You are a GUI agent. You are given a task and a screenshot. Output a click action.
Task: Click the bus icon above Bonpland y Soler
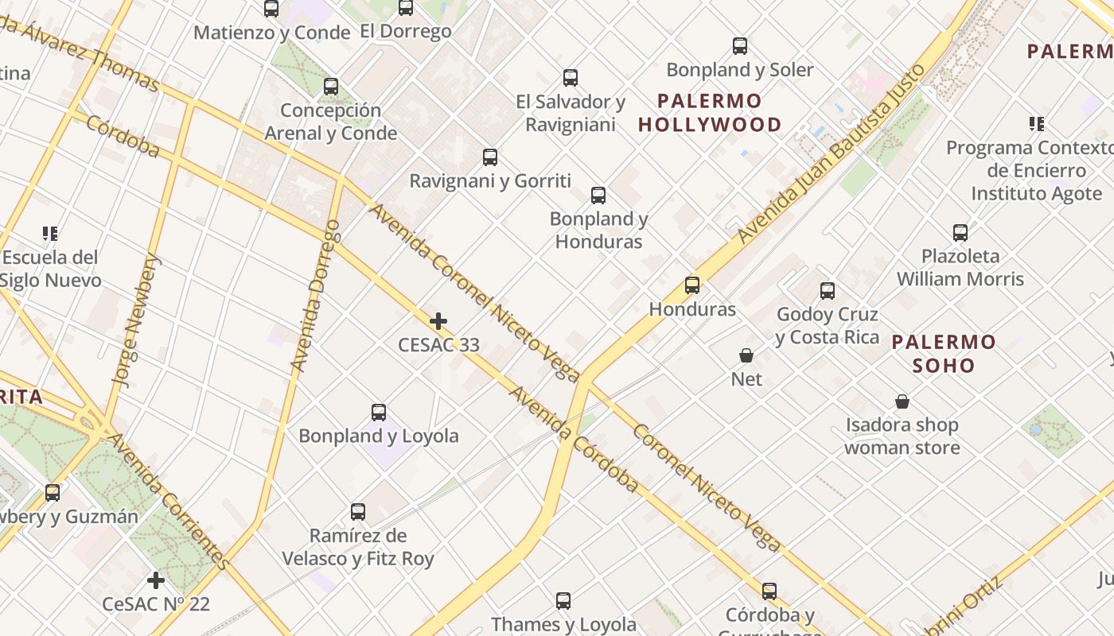(x=740, y=46)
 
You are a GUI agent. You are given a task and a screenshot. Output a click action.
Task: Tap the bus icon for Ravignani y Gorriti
(x=490, y=157)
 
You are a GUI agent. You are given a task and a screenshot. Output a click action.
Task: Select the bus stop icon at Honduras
(x=692, y=285)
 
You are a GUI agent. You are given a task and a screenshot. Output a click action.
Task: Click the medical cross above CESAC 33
(x=438, y=321)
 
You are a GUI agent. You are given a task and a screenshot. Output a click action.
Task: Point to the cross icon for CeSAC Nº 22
(x=156, y=580)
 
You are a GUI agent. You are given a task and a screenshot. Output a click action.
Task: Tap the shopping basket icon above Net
(x=746, y=355)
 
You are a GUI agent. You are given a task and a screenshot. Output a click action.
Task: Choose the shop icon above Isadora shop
(x=902, y=401)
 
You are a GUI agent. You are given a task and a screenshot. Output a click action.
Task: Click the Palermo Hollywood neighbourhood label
(x=710, y=113)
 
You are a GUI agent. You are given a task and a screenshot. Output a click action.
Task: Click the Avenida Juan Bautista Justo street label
(x=832, y=153)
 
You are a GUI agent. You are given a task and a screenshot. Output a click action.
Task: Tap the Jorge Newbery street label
(x=138, y=320)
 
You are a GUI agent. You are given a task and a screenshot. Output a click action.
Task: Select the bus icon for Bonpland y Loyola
(x=379, y=413)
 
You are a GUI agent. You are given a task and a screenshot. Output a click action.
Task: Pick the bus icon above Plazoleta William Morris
(x=960, y=233)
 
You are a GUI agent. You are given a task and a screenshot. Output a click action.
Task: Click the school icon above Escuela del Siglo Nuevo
(x=50, y=234)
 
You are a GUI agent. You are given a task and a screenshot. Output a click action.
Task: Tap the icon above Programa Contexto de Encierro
(x=1036, y=124)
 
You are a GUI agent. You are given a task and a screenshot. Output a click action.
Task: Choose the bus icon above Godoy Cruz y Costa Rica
(x=828, y=291)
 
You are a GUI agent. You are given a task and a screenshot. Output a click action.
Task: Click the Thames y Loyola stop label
(x=563, y=624)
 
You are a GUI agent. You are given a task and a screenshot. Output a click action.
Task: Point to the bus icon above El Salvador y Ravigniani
(x=571, y=78)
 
